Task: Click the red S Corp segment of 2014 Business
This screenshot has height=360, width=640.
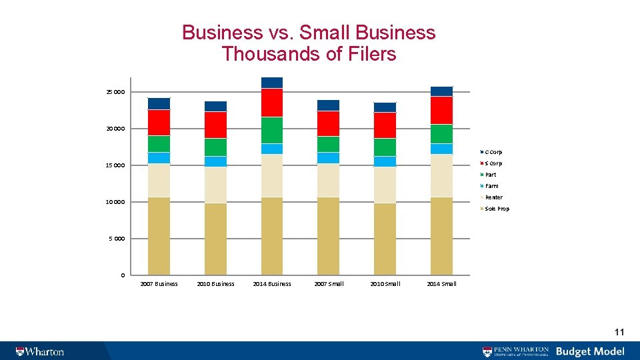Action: pyautogui.click(x=272, y=103)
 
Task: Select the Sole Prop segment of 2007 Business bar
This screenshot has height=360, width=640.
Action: pyautogui.click(x=159, y=236)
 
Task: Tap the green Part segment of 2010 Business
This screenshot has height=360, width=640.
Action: pyautogui.click(x=215, y=147)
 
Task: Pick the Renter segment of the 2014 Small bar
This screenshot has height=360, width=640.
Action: pyautogui.click(x=441, y=175)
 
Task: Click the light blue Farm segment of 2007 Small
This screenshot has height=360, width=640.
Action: pyautogui.click(x=328, y=157)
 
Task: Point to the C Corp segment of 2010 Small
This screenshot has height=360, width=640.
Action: pyautogui.click(x=385, y=107)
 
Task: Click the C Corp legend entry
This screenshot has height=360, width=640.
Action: pyautogui.click(x=493, y=152)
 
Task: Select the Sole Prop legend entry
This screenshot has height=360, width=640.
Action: pyautogui.click(x=496, y=209)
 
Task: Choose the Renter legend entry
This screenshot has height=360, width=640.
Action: pyautogui.click(x=493, y=197)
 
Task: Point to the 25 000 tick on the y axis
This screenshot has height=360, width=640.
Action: pyautogui.click(x=115, y=92)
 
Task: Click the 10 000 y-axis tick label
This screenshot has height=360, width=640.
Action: pyautogui.click(x=115, y=202)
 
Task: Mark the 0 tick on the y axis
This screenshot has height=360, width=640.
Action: pyautogui.click(x=122, y=275)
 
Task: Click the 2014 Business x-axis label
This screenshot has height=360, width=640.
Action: pyautogui.click(x=272, y=284)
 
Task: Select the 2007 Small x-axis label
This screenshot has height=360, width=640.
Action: pyautogui.click(x=329, y=284)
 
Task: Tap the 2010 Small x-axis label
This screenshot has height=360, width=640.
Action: pyautogui.click(x=385, y=284)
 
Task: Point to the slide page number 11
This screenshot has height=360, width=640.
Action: pyautogui.click(x=619, y=332)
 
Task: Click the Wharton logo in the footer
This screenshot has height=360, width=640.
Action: pyautogui.click(x=40, y=351)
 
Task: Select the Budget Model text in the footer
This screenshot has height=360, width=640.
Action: pyautogui.click(x=590, y=351)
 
